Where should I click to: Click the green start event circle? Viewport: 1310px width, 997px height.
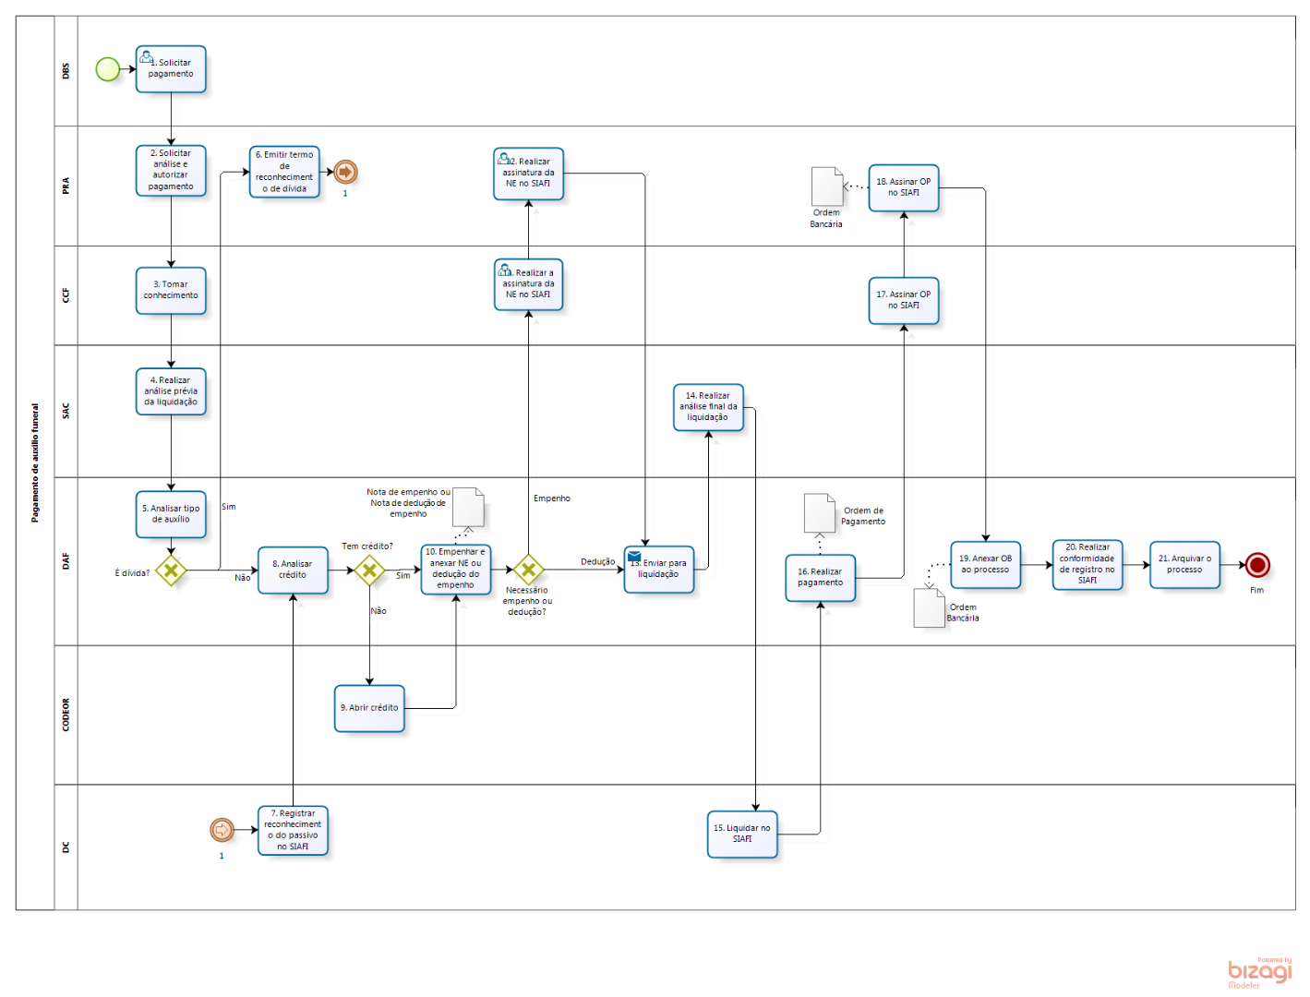tap(108, 69)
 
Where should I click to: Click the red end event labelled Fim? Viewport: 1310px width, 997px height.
tap(1256, 565)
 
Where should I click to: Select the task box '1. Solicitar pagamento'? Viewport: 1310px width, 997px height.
tap(171, 69)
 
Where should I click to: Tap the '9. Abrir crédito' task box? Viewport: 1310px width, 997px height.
tap(369, 708)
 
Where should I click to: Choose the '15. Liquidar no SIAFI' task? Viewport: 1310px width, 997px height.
tap(742, 834)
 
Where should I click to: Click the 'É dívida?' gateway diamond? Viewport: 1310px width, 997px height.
tap(171, 570)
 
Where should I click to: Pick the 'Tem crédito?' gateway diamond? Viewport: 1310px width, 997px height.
tap(369, 570)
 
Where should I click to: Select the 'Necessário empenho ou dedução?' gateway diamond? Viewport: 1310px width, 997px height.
tap(528, 570)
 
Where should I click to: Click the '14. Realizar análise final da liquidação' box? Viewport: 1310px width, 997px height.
tap(708, 407)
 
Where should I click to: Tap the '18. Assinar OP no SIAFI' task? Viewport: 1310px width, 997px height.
tap(903, 187)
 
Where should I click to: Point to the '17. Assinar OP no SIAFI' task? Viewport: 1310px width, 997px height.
tap(903, 300)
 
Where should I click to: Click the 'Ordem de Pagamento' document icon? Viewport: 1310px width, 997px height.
tap(819, 513)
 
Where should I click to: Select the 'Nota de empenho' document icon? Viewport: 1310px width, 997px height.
tap(468, 507)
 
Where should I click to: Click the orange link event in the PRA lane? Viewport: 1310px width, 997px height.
tap(345, 172)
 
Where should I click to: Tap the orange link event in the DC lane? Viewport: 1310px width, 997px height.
tap(222, 830)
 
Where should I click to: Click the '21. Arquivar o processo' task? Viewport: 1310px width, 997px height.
tap(1184, 564)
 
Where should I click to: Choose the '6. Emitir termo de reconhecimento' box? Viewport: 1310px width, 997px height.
tap(284, 172)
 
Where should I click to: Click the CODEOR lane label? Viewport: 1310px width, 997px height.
tap(66, 715)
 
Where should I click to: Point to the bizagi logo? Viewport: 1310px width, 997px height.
tap(1259, 972)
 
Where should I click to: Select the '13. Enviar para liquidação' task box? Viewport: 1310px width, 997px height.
tap(659, 569)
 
